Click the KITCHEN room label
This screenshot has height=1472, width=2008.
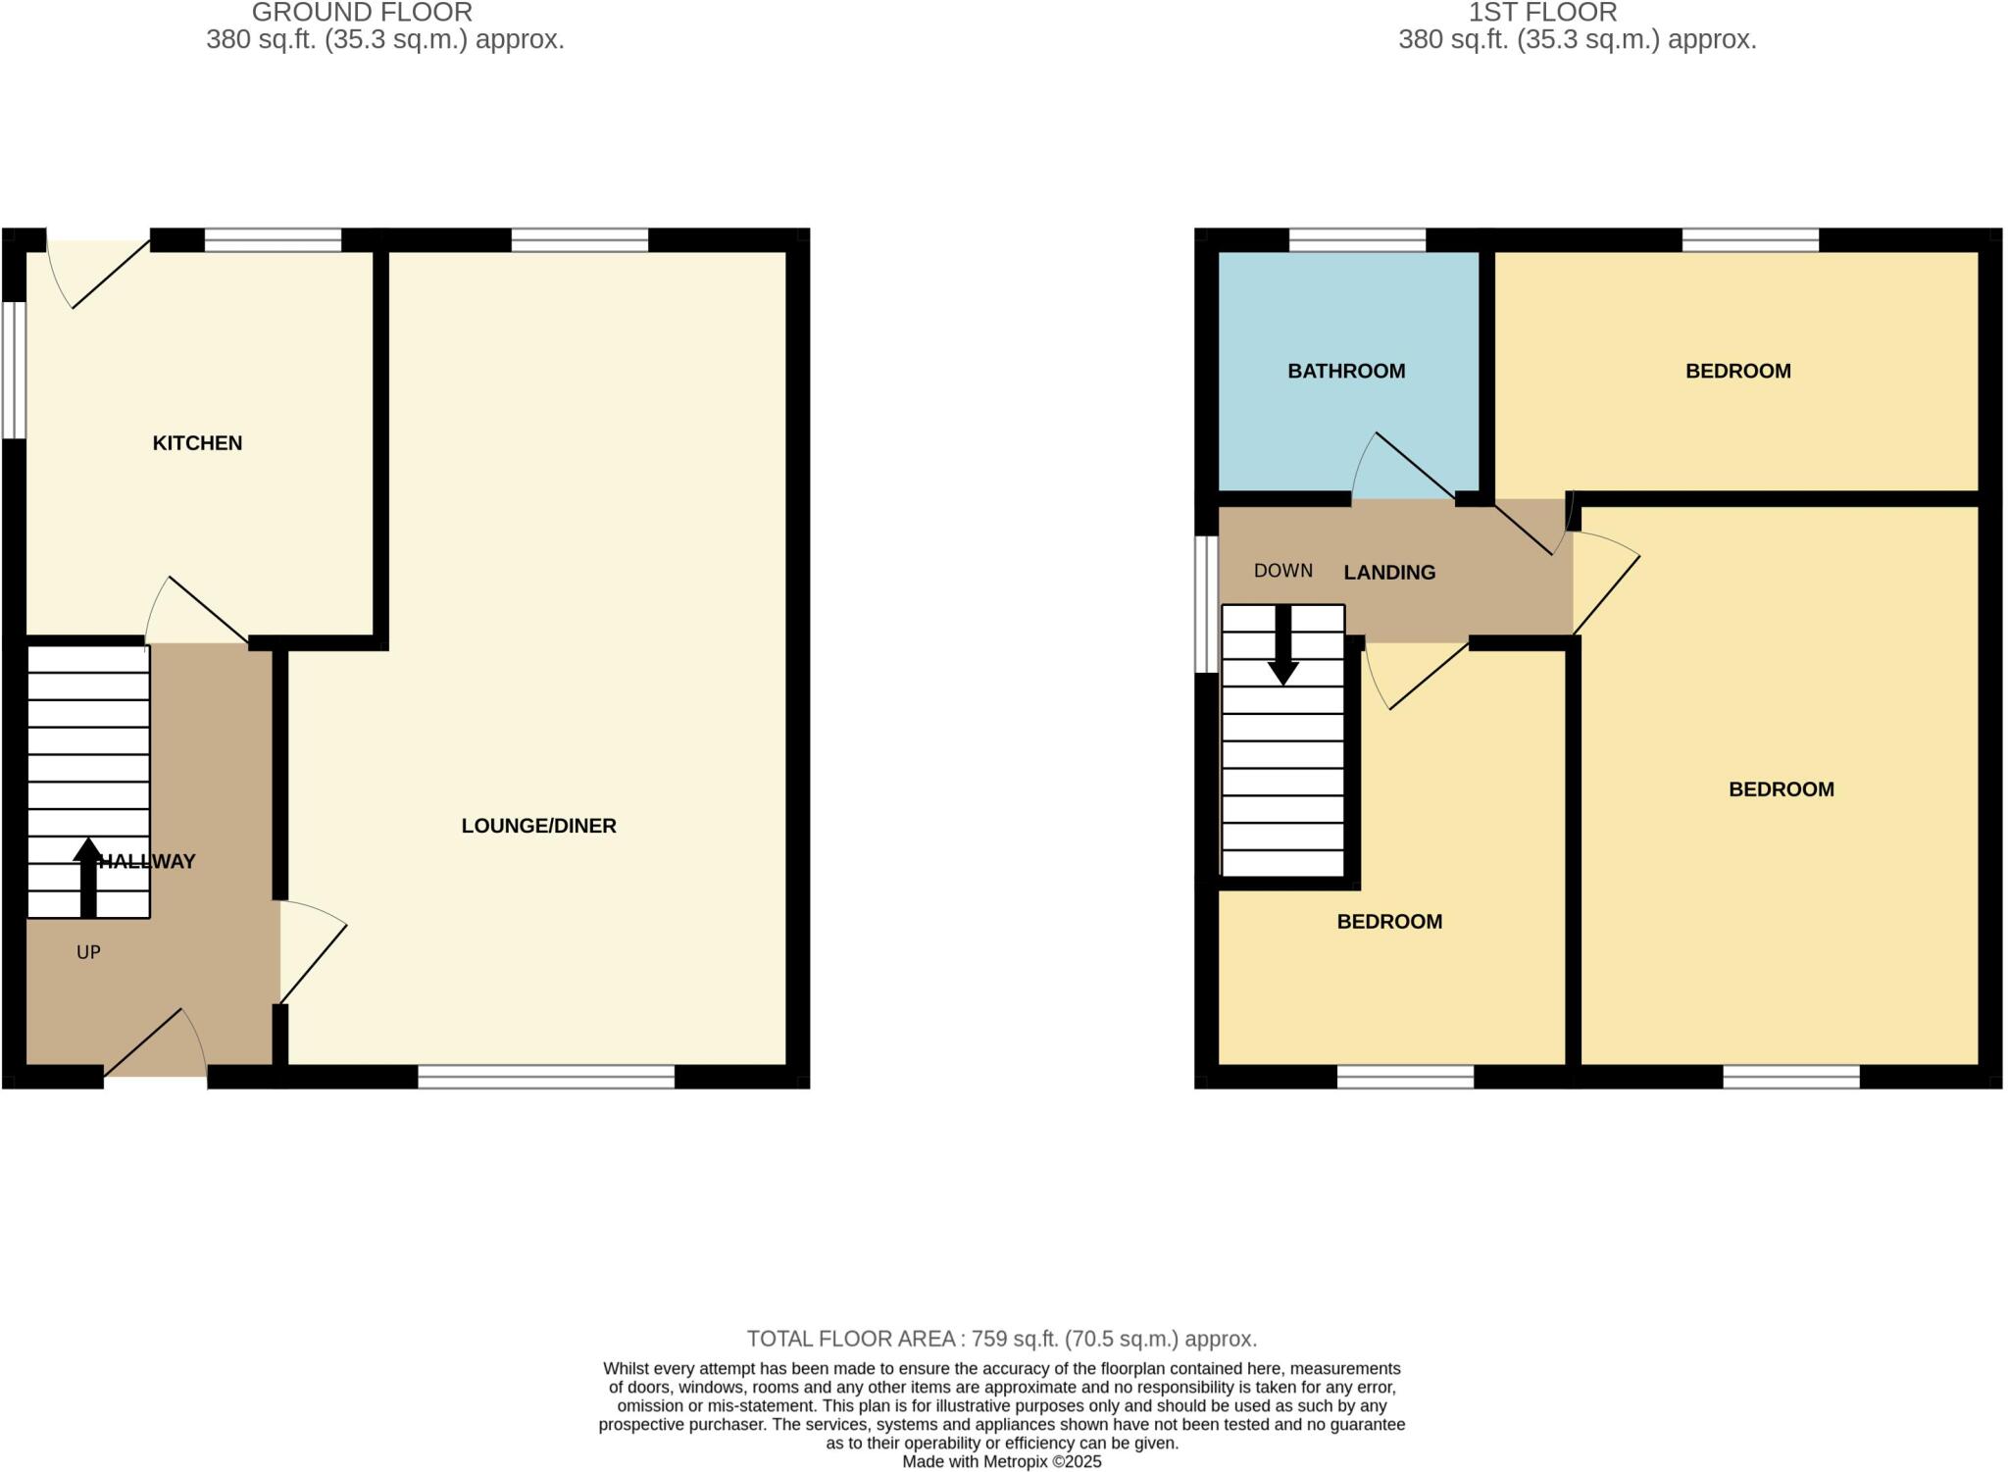(x=197, y=443)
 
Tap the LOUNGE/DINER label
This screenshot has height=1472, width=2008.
(x=538, y=826)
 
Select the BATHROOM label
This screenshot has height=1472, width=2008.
(x=1346, y=371)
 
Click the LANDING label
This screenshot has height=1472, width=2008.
(x=1389, y=573)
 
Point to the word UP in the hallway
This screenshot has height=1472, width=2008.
(x=88, y=952)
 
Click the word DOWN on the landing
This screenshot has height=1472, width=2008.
(x=1282, y=571)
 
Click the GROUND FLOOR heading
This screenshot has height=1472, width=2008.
(x=362, y=13)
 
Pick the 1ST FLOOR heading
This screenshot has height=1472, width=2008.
(x=1542, y=13)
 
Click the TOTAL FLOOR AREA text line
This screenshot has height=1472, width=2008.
(x=1001, y=1339)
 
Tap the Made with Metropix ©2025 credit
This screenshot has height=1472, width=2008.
(x=1001, y=1462)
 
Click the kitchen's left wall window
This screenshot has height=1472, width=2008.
(x=13, y=369)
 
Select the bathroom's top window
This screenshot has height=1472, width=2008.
(x=1357, y=240)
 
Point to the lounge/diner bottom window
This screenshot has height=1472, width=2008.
(x=546, y=1077)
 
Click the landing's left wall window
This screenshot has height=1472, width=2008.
(x=1205, y=604)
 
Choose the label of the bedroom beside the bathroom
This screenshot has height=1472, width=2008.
(x=1737, y=371)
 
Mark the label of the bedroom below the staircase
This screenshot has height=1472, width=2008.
(x=1389, y=922)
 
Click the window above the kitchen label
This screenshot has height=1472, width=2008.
(x=273, y=240)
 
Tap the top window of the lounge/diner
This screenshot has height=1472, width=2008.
(x=579, y=240)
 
